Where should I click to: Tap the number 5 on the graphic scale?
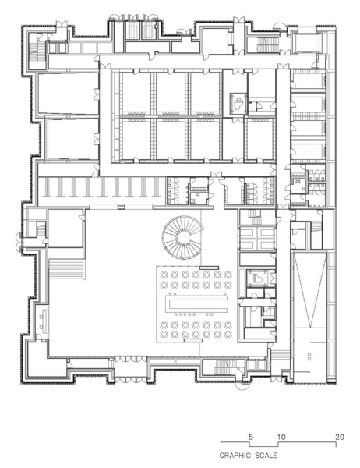[251, 437]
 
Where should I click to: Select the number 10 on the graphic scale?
[281, 437]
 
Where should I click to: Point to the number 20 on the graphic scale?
[340, 437]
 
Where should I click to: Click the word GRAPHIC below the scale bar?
[235, 456]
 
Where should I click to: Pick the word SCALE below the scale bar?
[266, 456]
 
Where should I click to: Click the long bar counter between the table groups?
[196, 303]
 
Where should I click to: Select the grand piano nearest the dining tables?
[256, 277]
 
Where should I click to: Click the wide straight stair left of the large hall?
[66, 269]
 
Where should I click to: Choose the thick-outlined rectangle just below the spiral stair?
[210, 268]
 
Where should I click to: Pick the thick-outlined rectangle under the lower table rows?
[193, 340]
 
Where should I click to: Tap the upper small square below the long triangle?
[309, 354]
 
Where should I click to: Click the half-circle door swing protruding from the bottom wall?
[242, 386]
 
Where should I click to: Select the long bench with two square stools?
[44, 321]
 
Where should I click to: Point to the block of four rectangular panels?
[257, 239]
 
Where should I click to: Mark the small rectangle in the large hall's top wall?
[121, 207]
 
